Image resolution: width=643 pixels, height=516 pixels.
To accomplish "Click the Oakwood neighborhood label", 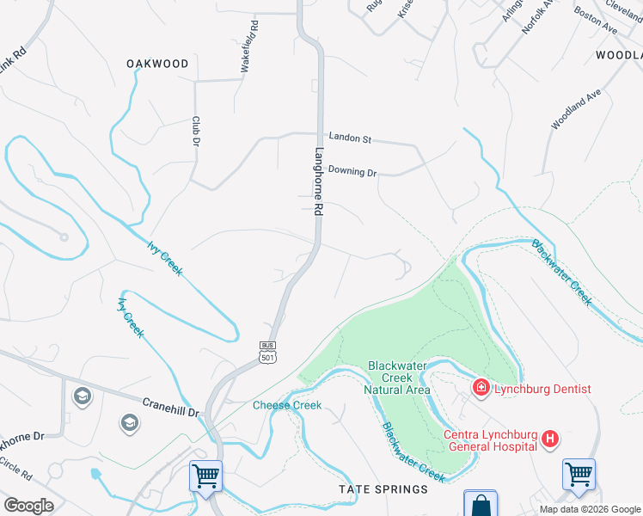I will [x=157, y=64].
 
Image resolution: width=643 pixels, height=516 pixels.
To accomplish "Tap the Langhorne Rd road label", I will [x=318, y=181].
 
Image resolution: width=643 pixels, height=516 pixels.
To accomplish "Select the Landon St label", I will [x=350, y=138].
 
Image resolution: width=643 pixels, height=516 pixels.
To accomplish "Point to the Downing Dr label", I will [x=352, y=172].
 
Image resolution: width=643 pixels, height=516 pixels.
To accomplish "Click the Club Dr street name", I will [x=196, y=131].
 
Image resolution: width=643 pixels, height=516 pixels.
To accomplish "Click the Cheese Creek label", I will [x=286, y=405].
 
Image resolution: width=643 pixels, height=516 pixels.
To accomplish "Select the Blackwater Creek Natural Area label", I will [x=398, y=378].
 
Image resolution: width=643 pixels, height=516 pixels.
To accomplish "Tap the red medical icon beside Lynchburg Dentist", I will [x=480, y=389].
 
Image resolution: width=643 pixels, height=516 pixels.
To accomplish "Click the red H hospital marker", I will [x=550, y=440].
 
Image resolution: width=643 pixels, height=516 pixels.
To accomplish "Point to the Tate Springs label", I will [x=383, y=489].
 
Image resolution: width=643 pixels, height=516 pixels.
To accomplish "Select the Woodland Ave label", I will [x=576, y=110].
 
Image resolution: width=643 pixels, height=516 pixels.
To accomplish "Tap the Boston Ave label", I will [x=596, y=22].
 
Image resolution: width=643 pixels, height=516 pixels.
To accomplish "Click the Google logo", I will [x=28, y=506].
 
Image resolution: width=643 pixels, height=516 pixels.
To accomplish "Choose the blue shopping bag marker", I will [x=480, y=504].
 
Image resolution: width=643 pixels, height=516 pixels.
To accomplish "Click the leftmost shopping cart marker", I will [x=206, y=475].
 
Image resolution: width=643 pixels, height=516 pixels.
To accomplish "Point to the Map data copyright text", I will [x=590, y=509].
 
